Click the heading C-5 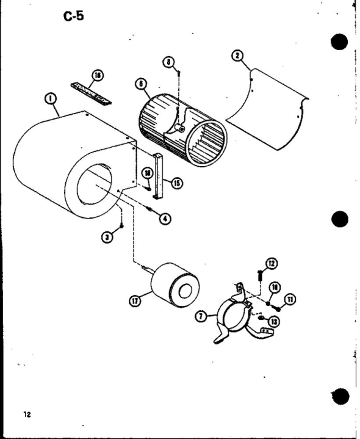[x=76, y=16]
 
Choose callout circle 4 [x=164, y=218]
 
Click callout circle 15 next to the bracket [x=177, y=183]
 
